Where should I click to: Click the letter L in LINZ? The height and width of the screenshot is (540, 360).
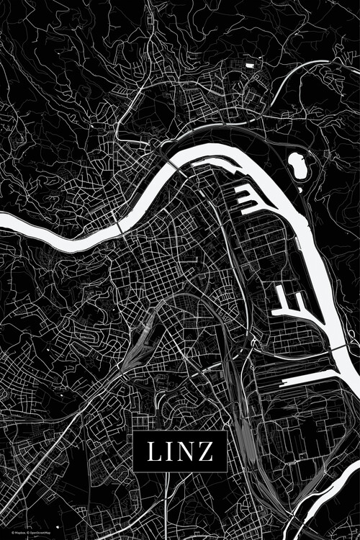[156, 451]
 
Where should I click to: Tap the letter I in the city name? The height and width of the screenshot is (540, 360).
[171, 451]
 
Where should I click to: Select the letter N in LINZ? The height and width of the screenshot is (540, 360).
[186, 451]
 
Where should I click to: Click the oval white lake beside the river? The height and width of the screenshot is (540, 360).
[297, 165]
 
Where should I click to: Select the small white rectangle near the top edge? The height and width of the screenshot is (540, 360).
[250, 65]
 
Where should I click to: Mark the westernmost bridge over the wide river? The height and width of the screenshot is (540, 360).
[119, 227]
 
